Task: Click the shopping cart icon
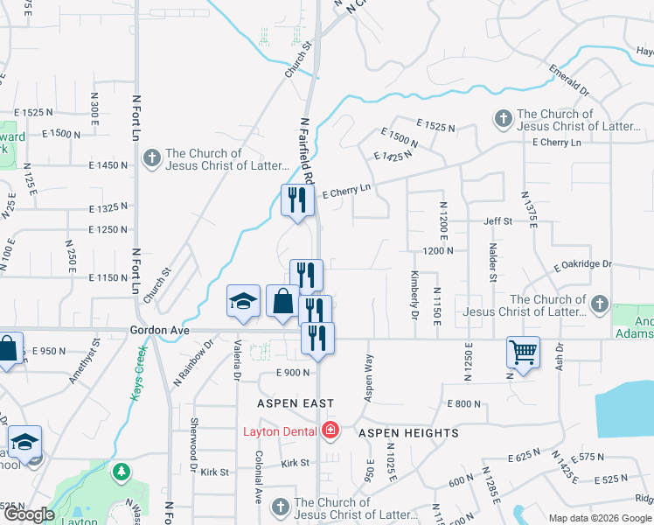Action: click(x=523, y=353)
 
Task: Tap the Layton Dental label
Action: click(x=281, y=430)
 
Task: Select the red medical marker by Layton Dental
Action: click(x=330, y=430)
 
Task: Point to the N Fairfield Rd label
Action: click(x=308, y=150)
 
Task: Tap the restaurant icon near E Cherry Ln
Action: click(x=297, y=199)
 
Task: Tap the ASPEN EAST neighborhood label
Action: click(x=295, y=403)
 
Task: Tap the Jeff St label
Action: click(x=497, y=222)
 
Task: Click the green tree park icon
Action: click(x=121, y=472)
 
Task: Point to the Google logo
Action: click(x=29, y=514)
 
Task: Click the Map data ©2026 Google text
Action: click(x=599, y=518)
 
